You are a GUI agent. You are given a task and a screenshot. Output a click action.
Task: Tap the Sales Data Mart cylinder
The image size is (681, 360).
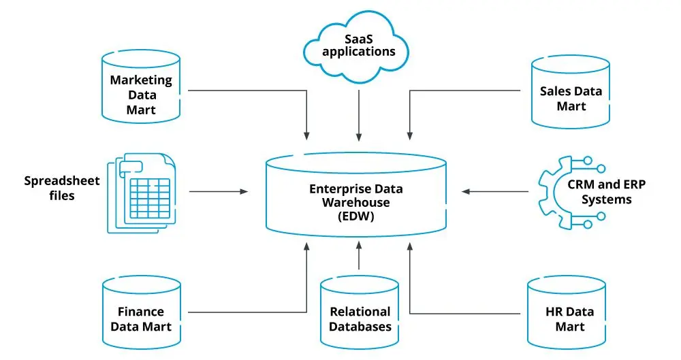(571, 96)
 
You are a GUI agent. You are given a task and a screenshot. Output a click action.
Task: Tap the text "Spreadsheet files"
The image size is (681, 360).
(62, 188)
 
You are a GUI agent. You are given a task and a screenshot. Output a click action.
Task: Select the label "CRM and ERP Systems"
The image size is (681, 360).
(599, 191)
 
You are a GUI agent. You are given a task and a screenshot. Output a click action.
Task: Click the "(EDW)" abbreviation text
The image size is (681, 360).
(355, 216)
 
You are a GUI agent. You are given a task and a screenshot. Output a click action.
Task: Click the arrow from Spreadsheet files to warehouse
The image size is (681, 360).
(218, 192)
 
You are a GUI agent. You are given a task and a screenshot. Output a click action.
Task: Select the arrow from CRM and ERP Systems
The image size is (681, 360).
(494, 191)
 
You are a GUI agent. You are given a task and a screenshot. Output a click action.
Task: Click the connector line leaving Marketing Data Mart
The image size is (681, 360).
(245, 90)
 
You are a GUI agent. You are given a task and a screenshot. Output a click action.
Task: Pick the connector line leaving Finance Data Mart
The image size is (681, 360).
(245, 312)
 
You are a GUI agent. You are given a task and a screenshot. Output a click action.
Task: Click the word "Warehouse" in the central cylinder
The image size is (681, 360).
(355, 203)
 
